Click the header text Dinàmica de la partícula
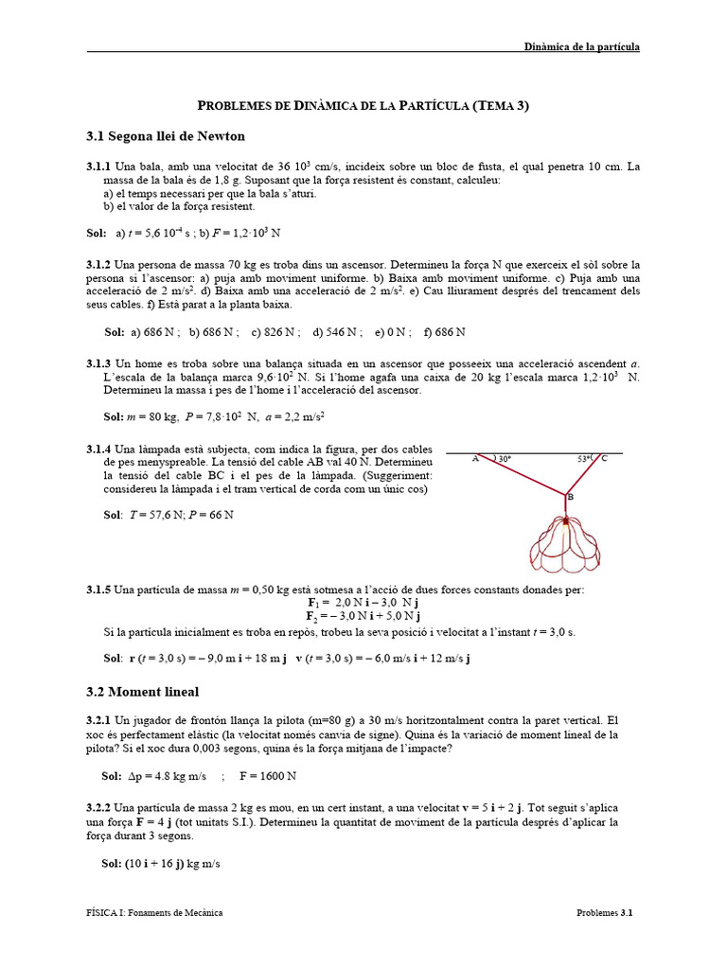click(582, 45)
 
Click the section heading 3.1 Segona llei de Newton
click(166, 136)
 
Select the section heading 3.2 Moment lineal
click(142, 692)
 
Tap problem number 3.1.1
click(98, 167)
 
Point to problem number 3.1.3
click(98, 363)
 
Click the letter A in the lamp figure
click(475, 459)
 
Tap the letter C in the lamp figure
click(604, 459)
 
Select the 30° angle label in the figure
click(504, 459)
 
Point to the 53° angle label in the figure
click(584, 459)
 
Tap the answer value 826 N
click(281, 332)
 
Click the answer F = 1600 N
click(268, 776)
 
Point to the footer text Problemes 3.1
click(604, 912)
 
